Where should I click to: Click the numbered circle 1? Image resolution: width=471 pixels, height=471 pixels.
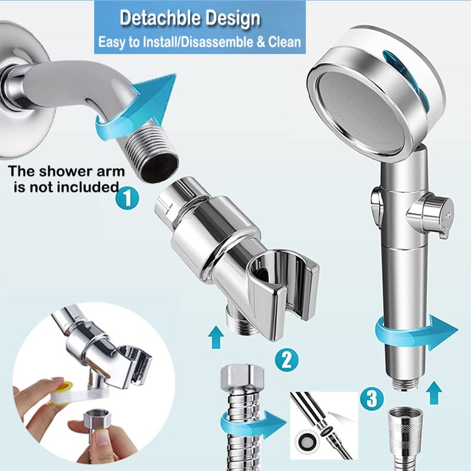(x=127, y=198)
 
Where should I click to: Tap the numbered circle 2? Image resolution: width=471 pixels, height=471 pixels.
(x=287, y=360)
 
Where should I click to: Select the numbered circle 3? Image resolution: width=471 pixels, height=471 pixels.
(x=372, y=399)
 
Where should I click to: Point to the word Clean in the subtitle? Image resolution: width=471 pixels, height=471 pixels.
(x=284, y=42)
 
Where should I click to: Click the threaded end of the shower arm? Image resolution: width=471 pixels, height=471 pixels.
(x=152, y=154)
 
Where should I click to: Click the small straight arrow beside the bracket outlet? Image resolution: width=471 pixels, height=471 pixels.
(x=216, y=337)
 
